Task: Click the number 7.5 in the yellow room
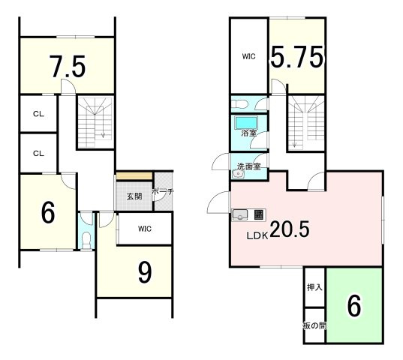68,67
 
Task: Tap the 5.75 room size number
297,57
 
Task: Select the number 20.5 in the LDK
290,229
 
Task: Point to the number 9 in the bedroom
145,273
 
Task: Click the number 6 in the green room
354,306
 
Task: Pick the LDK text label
257,235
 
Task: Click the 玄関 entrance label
134,196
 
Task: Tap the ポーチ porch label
163,191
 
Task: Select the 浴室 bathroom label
249,133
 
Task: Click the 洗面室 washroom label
248,166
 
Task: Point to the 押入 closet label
315,287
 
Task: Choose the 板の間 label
315,325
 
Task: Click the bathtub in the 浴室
246,122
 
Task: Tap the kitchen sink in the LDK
240,215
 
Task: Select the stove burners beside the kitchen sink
258,214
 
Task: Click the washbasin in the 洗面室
238,174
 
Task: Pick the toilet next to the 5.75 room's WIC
239,104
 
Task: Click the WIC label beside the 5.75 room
249,56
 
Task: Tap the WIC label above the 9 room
145,229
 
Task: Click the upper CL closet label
38,114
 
